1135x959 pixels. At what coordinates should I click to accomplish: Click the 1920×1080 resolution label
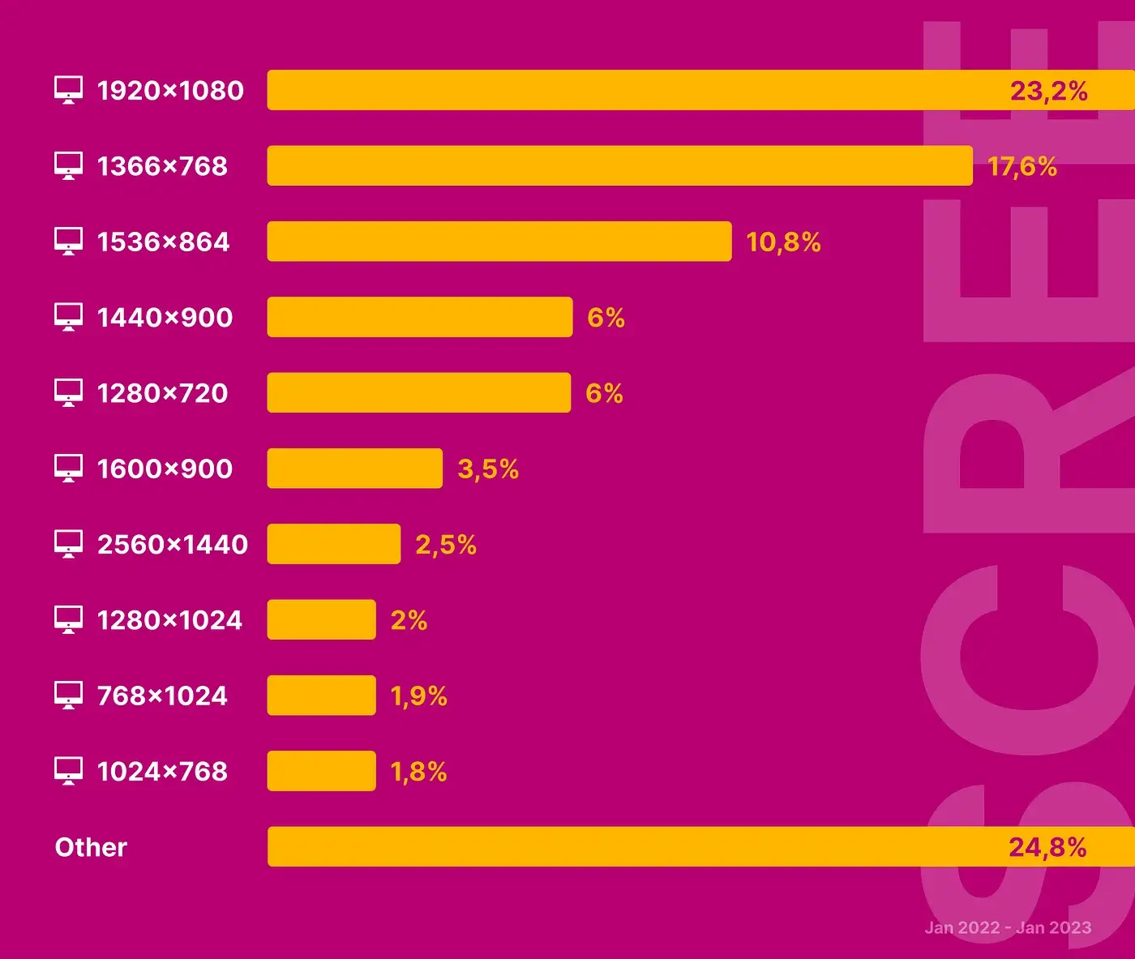(170, 90)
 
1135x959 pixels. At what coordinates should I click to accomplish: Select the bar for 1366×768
(619, 165)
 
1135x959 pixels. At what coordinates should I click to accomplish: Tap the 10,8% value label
(783, 242)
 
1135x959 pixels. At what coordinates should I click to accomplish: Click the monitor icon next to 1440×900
(68, 317)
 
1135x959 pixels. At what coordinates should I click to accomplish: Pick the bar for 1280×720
(418, 392)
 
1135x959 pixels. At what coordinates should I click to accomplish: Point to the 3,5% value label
(488, 469)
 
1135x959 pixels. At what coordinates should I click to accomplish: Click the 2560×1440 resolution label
(173, 544)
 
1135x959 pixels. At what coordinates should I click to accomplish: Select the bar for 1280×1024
(321, 619)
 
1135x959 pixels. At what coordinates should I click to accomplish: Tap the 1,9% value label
(418, 696)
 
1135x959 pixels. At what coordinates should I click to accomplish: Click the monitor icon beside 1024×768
(68, 771)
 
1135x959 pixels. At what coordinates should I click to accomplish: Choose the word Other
(91, 847)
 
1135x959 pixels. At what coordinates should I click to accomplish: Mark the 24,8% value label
(1047, 847)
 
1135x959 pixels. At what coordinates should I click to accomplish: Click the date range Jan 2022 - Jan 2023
(1008, 927)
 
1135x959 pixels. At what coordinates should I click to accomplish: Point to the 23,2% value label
(1048, 90)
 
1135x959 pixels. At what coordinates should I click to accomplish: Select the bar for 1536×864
(499, 242)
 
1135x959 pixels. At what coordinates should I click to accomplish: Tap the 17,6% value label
(1021, 166)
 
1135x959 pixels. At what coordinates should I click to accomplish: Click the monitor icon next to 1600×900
(68, 469)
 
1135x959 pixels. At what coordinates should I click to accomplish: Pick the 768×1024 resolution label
(162, 696)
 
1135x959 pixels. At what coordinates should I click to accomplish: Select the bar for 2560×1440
(333, 544)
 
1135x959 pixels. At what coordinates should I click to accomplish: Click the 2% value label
(409, 620)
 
